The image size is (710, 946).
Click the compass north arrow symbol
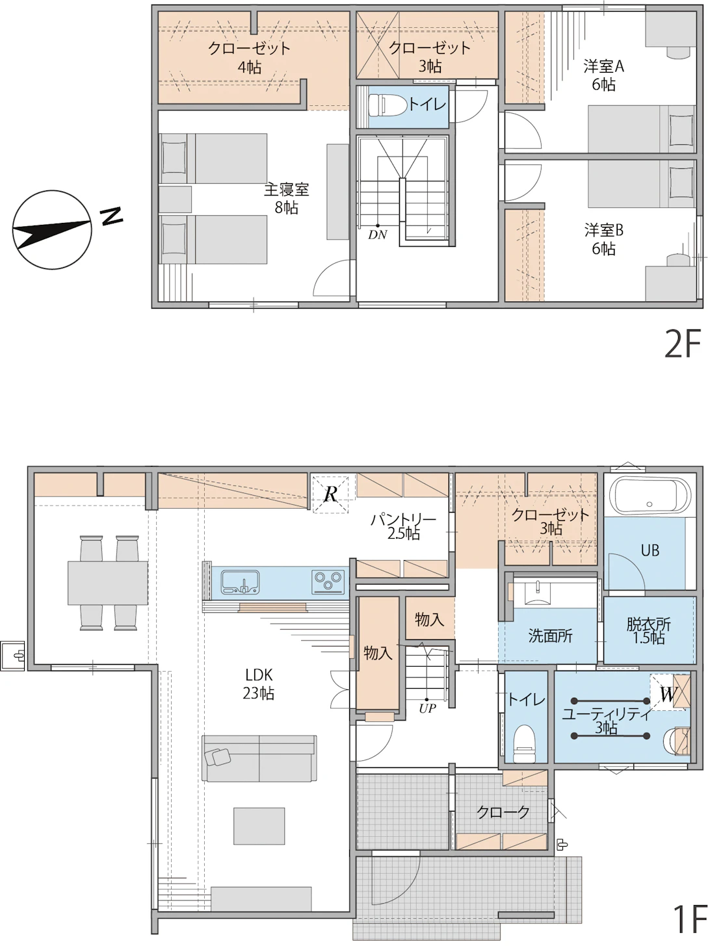coord(52,230)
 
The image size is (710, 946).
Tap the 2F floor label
coord(683,344)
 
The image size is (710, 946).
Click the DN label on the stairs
coord(377,235)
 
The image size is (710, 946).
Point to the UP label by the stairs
coord(427,708)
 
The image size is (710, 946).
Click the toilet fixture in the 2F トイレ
coord(388,105)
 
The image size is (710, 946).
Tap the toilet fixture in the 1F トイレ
coord(524,738)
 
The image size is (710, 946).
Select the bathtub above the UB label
coord(650,495)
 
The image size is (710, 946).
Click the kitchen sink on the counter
coord(240,582)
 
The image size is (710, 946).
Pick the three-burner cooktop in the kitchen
coord(328,582)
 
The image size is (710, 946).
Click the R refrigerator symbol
coord(330,494)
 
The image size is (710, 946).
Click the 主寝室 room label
coord(287,189)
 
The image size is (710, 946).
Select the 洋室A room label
coord(603,66)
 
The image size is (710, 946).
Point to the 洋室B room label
coord(603,230)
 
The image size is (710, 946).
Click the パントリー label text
coord(404,520)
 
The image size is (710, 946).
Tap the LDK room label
coord(259,674)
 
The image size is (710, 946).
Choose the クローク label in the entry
coord(503,812)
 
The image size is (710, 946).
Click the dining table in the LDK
coord(108,583)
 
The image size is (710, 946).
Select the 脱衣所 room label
coord(648,624)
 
